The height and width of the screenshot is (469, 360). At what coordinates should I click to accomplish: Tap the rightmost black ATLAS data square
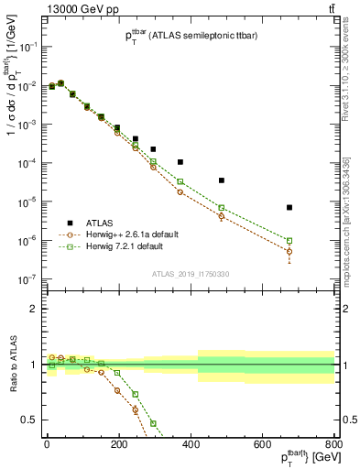[289, 208]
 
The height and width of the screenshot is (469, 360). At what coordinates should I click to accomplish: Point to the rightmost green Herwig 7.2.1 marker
[289, 241]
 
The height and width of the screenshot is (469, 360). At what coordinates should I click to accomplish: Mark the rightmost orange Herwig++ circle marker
[289, 250]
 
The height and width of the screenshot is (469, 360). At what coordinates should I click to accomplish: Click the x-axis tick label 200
[118, 445]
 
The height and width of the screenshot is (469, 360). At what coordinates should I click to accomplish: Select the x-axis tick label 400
[191, 445]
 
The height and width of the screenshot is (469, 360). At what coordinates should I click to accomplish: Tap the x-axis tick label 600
[262, 445]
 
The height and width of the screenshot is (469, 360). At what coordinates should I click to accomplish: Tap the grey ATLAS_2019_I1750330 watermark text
[190, 274]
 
